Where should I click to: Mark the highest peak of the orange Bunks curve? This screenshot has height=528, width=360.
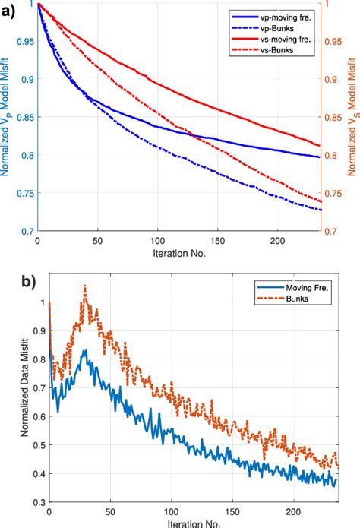coord(84,286)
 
